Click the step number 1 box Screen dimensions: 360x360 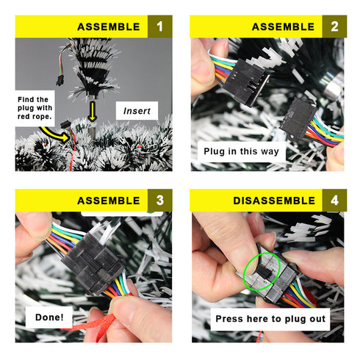pyautogui.click(x=160, y=26)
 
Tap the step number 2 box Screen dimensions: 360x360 pyautogui.click(x=334, y=26)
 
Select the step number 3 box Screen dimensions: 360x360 pyautogui.click(x=160, y=201)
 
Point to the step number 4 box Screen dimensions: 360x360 pyautogui.click(x=334, y=201)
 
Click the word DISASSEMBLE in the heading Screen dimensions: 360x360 pyautogui.click(x=274, y=201)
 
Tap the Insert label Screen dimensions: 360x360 pyautogui.click(x=137, y=111)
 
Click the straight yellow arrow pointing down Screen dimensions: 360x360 pyautogui.click(x=93, y=112)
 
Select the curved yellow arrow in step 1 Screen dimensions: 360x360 pyautogui.click(x=54, y=134)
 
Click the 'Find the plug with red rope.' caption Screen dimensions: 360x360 pyautogui.click(x=35, y=108)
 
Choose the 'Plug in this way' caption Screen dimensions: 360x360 pyautogui.click(x=242, y=151)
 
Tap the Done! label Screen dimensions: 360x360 pyautogui.click(x=49, y=317)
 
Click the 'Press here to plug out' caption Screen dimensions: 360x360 pyautogui.click(x=270, y=319)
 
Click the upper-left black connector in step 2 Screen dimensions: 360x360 pyautogui.click(x=245, y=82)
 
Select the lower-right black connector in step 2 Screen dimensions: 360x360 pyautogui.click(x=298, y=118)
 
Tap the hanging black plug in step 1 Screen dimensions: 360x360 pyautogui.click(x=59, y=81)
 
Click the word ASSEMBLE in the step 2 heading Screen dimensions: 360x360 pyautogui.click(x=283, y=26)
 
